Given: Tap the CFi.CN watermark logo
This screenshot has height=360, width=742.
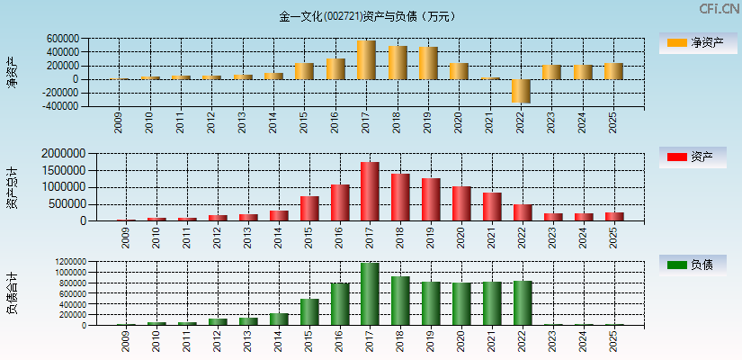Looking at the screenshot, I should click(719, 9).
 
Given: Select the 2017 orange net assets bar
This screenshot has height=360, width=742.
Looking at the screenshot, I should click(366, 60).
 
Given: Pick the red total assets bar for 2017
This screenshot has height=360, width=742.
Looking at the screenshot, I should click(369, 192).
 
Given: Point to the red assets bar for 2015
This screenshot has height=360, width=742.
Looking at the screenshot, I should click(308, 208).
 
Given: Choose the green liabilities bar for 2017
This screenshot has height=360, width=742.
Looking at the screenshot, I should click(370, 294).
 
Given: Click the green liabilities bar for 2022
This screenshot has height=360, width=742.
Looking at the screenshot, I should click(523, 303).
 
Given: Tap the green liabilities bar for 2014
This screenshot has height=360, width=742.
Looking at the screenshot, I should click(279, 319).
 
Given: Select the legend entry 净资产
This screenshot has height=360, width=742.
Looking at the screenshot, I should click(693, 42).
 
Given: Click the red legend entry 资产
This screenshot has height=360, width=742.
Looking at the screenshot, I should click(693, 157).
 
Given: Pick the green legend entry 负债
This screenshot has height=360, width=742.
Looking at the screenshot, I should click(693, 265).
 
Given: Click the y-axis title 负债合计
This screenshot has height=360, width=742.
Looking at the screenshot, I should click(12, 293).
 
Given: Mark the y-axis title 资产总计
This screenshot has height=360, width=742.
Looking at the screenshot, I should click(12, 188).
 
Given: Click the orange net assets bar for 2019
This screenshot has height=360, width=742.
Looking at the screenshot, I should click(427, 63).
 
